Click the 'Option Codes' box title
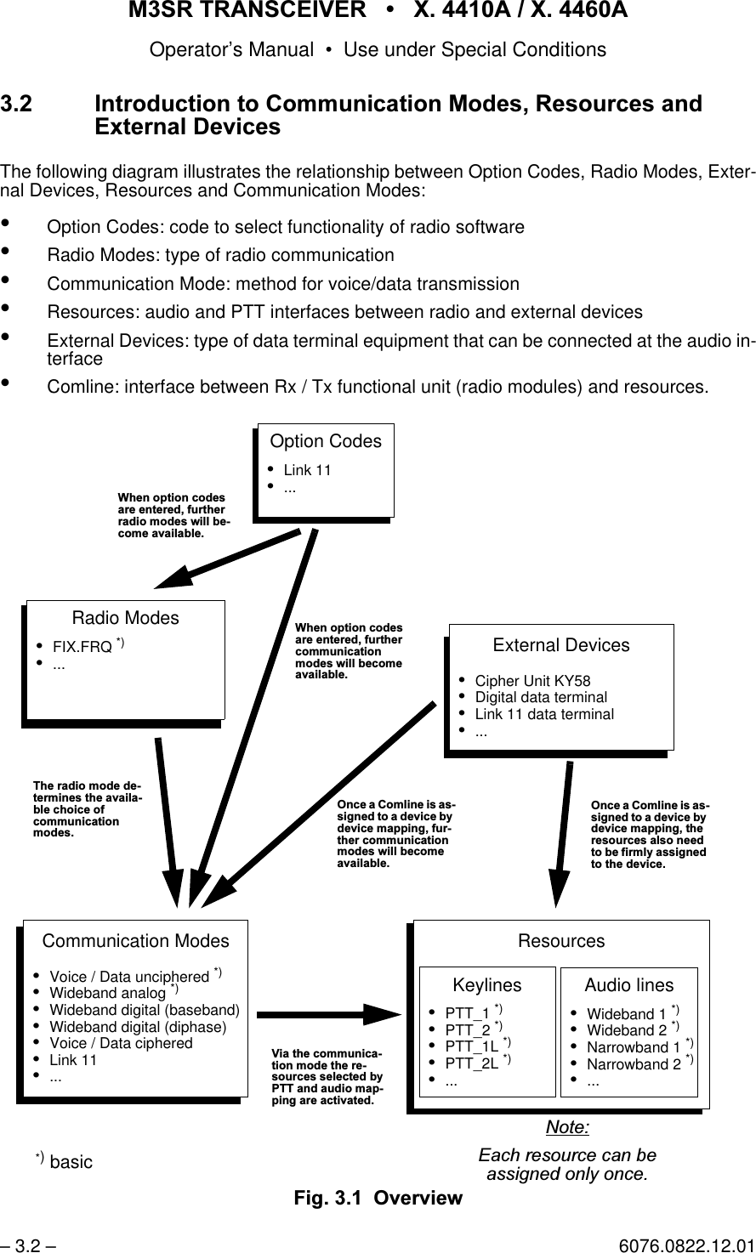326,441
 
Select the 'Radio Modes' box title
126,618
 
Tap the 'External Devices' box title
561,645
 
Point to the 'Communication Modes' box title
135,941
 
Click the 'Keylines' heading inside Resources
487,985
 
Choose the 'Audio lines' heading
629,985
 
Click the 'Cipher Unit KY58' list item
532,681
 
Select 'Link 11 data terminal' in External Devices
544,714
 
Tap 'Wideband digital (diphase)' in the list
138,1026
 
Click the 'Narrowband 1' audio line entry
634,1046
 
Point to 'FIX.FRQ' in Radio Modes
82,647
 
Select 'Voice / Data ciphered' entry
121,1043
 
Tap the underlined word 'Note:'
567,1128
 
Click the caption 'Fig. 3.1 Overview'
378,1198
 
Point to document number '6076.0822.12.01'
686,1246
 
